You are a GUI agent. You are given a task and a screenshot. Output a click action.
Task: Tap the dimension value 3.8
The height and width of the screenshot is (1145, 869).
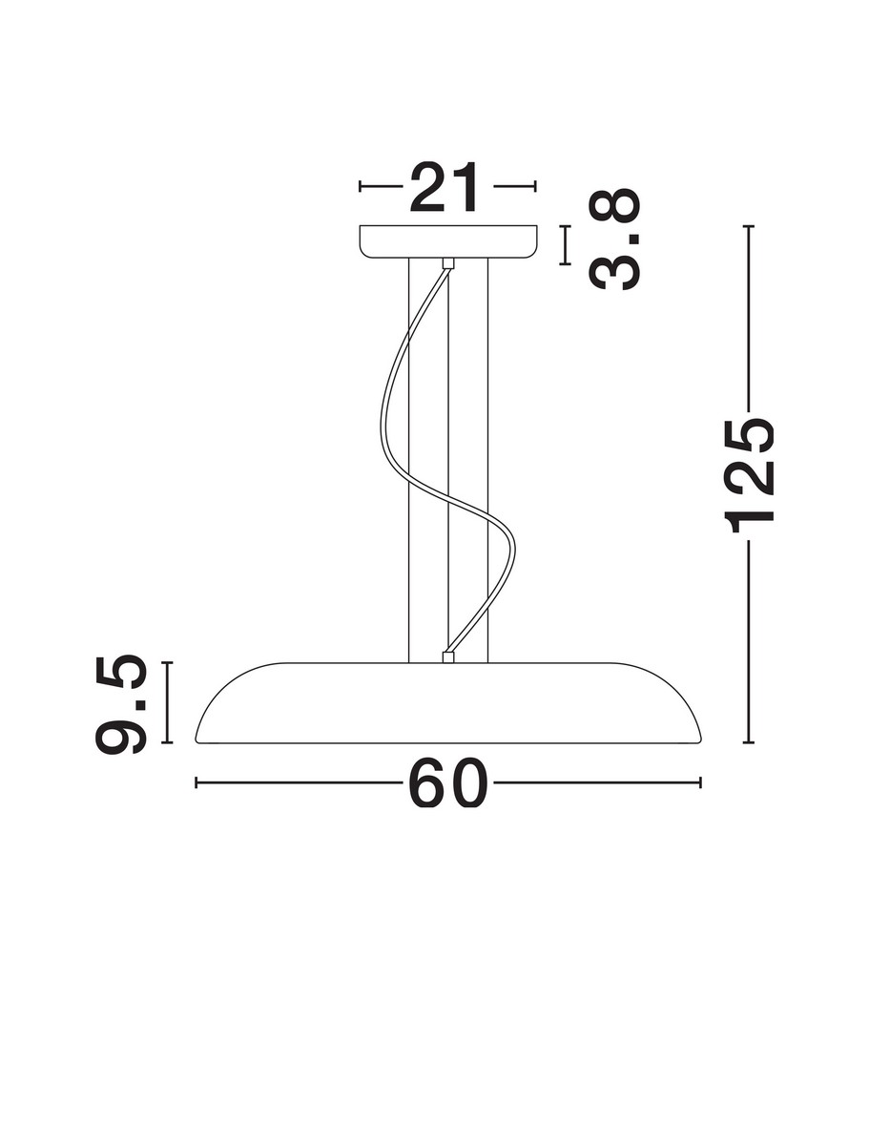(x=614, y=239)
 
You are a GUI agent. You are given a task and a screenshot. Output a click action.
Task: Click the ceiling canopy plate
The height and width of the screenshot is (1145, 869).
(x=448, y=241)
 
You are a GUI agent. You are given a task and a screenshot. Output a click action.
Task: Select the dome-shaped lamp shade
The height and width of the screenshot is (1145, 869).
(x=447, y=702)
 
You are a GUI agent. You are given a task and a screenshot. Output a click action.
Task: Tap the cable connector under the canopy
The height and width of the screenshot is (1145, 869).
(x=447, y=263)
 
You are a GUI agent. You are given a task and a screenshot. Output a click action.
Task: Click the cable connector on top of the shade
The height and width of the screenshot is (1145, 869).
(x=447, y=656)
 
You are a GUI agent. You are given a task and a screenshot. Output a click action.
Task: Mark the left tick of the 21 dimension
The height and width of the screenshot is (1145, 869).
(x=360, y=186)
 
